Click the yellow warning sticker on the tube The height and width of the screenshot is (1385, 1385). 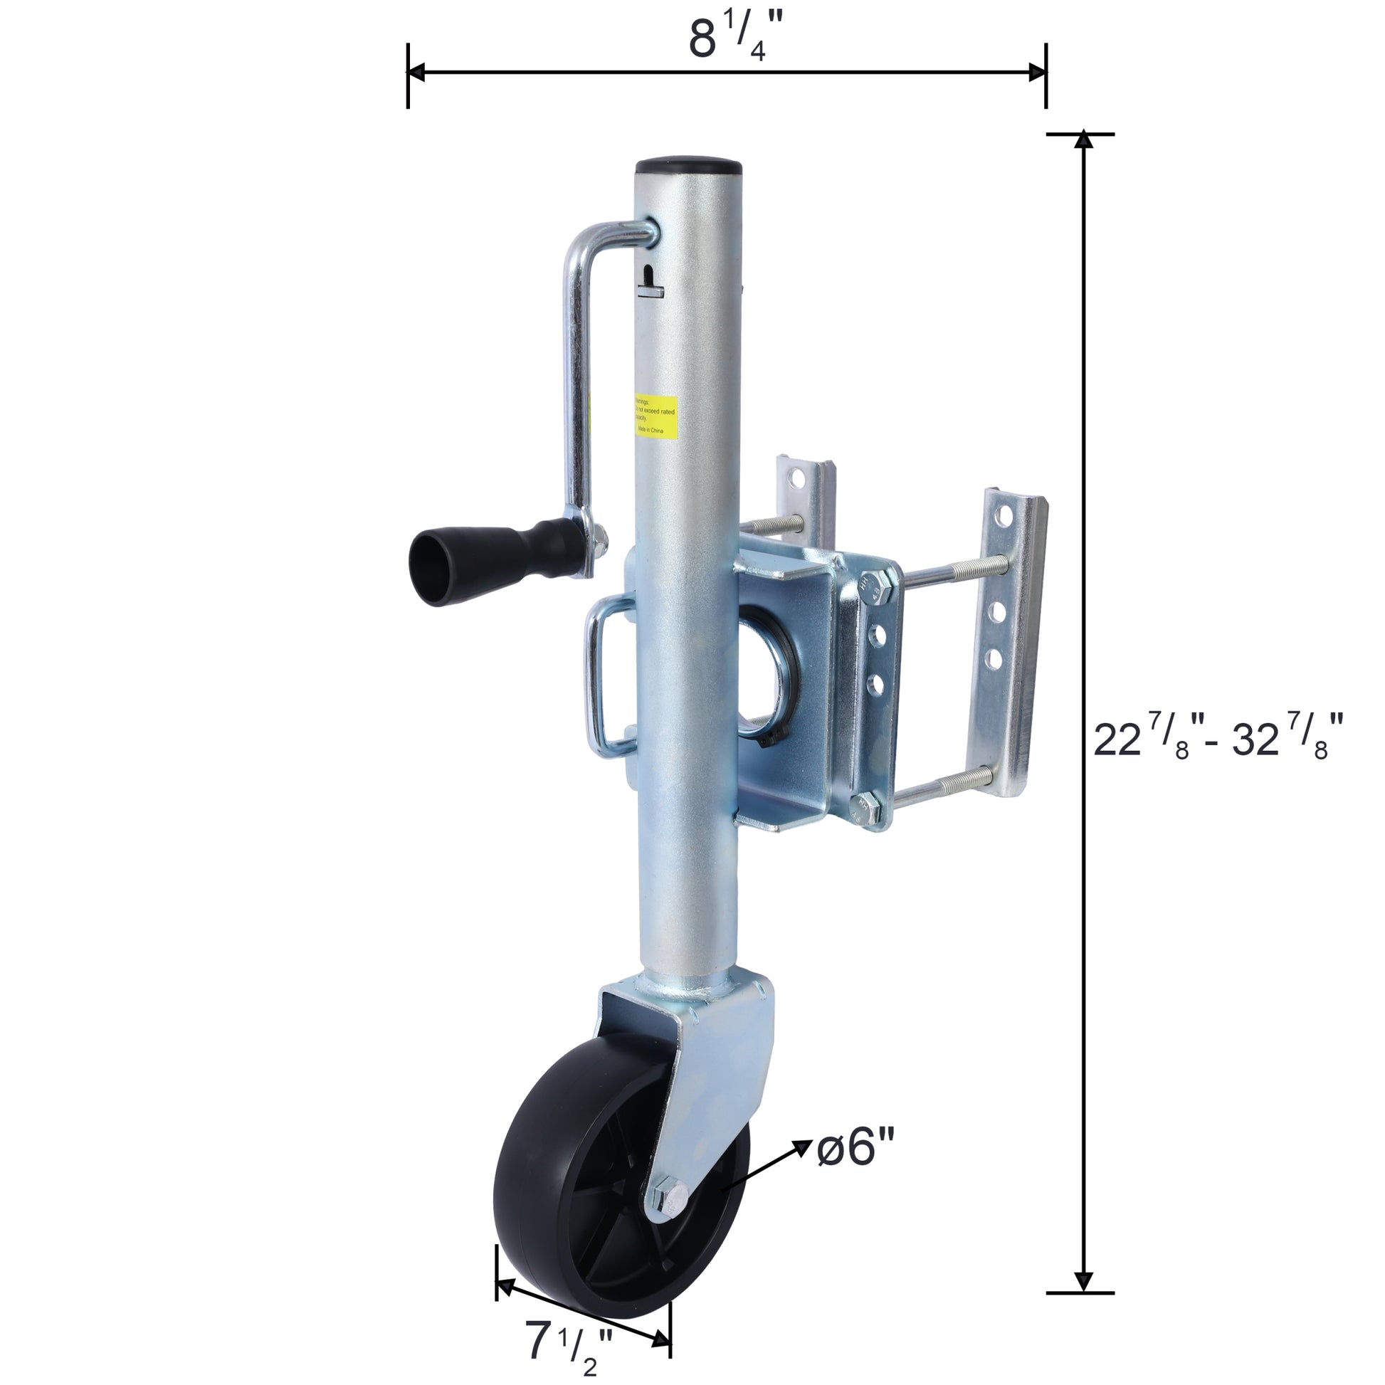(x=657, y=415)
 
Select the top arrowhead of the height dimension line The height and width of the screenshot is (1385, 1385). (x=1084, y=141)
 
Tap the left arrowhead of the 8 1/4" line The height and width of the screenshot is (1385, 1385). (x=416, y=72)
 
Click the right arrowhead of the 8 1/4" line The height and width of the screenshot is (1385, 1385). (x=1038, y=72)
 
